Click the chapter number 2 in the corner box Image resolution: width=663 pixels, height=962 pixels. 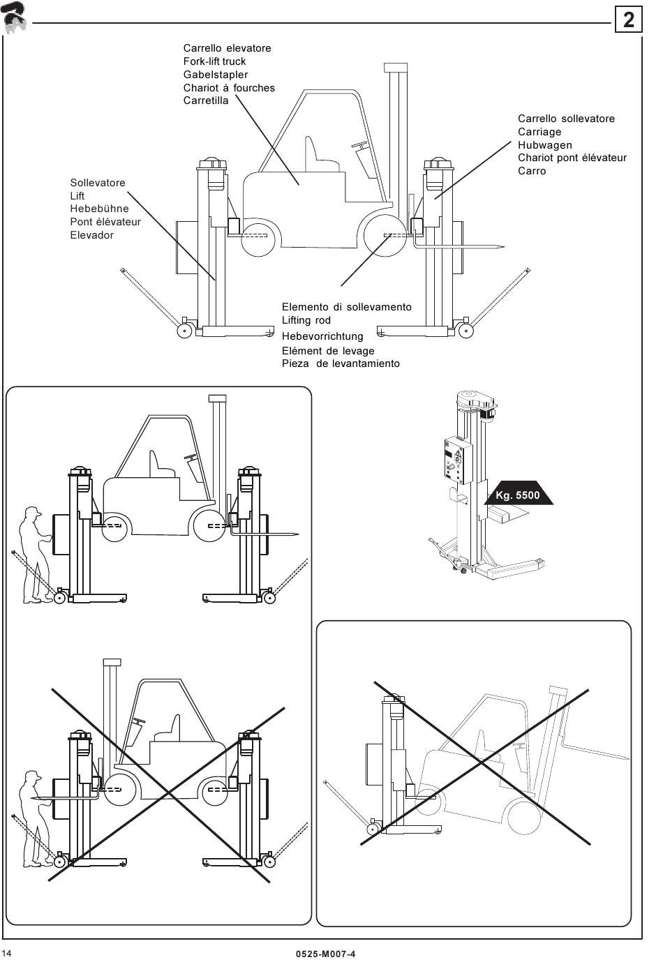pyautogui.click(x=628, y=20)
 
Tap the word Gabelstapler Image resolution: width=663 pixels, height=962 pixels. pyautogui.click(x=216, y=75)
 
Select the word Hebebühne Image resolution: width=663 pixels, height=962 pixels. pyautogui.click(x=99, y=209)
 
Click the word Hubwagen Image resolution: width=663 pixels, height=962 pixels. pyautogui.click(x=545, y=145)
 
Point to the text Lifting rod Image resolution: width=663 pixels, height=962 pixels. pyautogui.click(x=306, y=320)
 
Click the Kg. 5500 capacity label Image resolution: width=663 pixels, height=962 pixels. pyautogui.click(x=518, y=495)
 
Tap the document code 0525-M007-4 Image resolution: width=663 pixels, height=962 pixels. pyautogui.click(x=326, y=954)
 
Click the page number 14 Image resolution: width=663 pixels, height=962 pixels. pyautogui.click(x=7, y=954)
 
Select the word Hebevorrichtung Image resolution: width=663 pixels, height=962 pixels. pyautogui.click(x=322, y=336)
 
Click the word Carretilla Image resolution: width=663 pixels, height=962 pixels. pyautogui.click(x=206, y=100)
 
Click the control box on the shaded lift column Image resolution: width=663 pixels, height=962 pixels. pyautogui.click(x=458, y=459)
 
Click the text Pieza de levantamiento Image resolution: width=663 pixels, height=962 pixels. pyautogui.click(x=341, y=363)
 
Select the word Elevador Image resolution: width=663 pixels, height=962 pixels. pyautogui.click(x=92, y=235)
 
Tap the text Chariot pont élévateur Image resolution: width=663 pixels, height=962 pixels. pyautogui.click(x=572, y=158)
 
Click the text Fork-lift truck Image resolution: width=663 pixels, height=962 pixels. pyautogui.click(x=214, y=61)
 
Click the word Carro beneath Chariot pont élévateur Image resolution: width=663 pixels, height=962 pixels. pyautogui.click(x=532, y=171)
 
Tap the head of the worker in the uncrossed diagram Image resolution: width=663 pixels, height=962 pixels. pyautogui.click(x=32, y=513)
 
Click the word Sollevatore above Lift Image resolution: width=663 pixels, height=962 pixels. pyautogui.click(x=98, y=183)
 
